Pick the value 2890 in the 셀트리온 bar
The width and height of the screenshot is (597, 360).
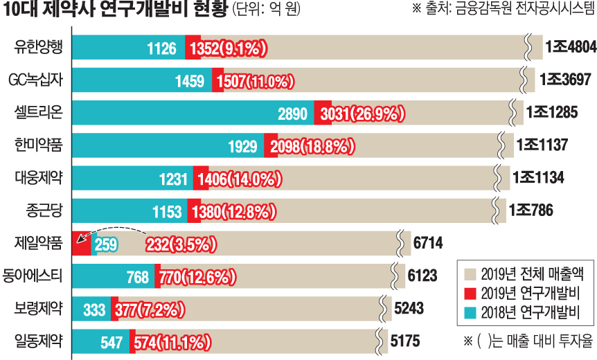tap(292, 113)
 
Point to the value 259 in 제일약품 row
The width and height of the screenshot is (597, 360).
tap(106, 244)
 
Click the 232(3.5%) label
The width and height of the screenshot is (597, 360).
tap(181, 244)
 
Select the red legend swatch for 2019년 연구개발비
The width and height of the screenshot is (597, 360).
tap(470, 291)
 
